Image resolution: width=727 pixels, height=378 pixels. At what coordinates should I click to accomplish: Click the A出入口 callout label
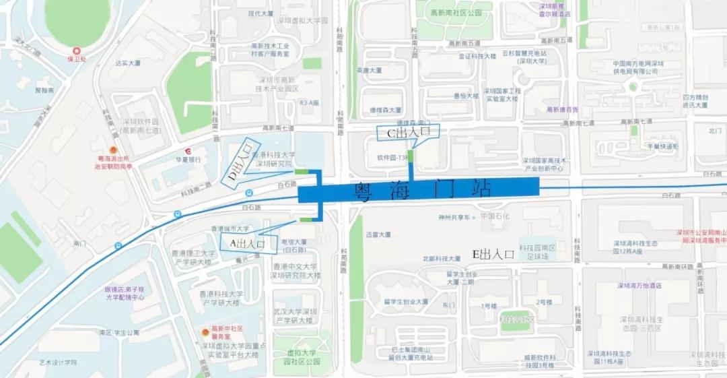(248, 243)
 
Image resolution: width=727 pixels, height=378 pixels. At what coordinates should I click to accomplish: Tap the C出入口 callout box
(408, 133)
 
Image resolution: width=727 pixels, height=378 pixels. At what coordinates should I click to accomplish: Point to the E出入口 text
(493, 254)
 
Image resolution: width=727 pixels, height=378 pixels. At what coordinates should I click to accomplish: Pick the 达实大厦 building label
(128, 63)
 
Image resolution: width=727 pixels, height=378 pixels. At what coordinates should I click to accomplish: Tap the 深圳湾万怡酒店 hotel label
(639, 286)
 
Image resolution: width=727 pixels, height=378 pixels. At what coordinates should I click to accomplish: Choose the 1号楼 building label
(489, 306)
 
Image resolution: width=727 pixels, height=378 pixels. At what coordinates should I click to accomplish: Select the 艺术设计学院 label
(58, 363)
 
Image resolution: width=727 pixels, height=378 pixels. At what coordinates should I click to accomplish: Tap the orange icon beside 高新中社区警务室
(206, 332)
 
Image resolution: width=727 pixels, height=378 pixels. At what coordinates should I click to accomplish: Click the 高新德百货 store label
(562, 110)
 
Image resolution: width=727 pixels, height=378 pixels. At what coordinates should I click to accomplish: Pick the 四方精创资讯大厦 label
(695, 100)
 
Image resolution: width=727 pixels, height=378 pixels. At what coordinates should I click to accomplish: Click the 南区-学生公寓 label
(118, 333)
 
